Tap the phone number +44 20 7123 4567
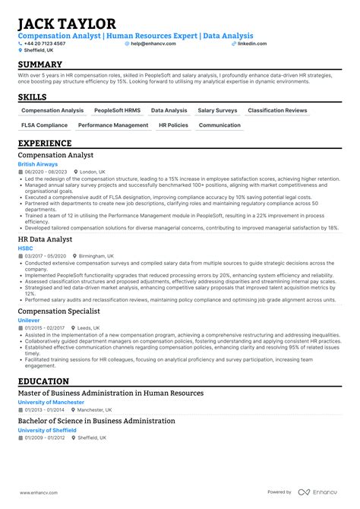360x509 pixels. [46, 43]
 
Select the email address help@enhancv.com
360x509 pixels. [153, 43]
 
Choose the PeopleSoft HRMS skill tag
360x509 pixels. [118, 110]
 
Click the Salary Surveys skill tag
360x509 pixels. [218, 110]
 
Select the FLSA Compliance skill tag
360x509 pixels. [45, 125]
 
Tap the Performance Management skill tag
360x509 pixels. [113, 125]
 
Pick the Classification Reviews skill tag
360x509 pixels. [277, 110]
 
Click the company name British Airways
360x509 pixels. [38, 164]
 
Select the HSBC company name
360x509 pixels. [24, 247]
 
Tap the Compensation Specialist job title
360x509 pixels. [58, 311]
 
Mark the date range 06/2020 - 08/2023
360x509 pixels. [45, 172]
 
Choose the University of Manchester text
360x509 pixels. [51, 402]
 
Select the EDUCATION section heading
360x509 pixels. [44, 381]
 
